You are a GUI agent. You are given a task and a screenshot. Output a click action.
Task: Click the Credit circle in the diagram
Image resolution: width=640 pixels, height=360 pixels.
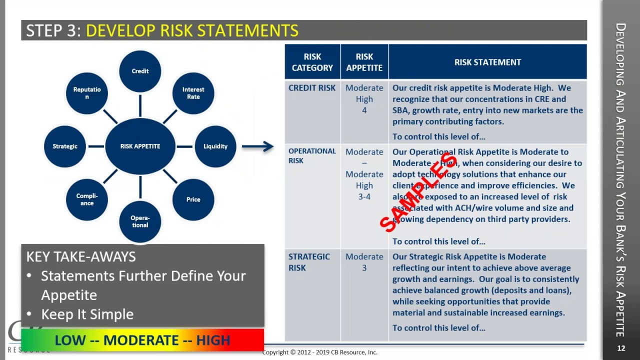point(140,71)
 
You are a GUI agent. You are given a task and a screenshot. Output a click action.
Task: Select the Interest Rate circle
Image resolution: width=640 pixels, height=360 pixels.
point(193,93)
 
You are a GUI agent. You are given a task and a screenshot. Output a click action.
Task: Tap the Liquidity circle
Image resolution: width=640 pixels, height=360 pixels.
point(215,146)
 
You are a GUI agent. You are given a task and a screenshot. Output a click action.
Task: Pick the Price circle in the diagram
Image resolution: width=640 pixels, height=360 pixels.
point(193,199)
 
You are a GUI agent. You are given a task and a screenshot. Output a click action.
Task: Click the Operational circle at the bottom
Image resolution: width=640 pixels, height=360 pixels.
point(140,221)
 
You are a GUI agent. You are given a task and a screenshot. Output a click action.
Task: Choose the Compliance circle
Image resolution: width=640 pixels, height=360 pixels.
point(87,199)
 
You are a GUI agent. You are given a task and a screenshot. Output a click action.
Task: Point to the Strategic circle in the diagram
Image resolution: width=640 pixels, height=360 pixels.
point(65,146)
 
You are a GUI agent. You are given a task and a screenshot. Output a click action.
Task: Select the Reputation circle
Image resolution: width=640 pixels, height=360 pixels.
point(87,93)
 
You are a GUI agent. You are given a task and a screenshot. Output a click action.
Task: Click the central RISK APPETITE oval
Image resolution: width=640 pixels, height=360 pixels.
point(140,146)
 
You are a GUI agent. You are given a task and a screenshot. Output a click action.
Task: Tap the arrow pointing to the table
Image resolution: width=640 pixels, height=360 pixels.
point(257,146)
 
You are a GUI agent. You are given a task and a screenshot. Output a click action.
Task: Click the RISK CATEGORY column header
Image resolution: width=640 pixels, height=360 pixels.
point(312,62)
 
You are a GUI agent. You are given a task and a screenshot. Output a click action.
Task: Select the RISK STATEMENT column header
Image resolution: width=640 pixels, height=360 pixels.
point(487,62)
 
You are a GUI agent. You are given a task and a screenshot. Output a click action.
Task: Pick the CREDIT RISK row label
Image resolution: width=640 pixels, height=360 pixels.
point(311,88)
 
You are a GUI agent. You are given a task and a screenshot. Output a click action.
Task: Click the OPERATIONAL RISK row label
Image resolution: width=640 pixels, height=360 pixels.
point(312,155)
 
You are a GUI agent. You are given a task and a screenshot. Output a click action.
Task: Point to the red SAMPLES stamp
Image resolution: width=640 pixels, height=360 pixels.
point(419,192)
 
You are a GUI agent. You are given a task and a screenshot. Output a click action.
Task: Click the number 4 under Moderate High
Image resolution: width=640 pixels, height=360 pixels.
point(364,110)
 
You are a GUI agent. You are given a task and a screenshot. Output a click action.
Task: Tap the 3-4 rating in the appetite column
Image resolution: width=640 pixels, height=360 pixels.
point(364,197)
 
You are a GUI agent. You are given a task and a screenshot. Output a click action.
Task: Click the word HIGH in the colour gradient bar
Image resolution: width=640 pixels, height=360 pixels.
point(213,340)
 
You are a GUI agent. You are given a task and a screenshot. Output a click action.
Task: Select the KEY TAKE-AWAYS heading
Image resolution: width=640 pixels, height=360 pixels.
point(81,256)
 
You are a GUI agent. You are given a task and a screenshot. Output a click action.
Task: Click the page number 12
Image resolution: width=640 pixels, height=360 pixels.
point(621,348)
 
